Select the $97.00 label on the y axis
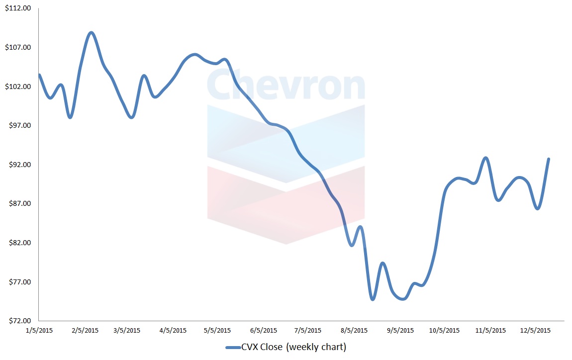(x=18, y=126)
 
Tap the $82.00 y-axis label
(x=18, y=243)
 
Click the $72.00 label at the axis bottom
(x=18, y=321)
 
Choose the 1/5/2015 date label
(x=39, y=331)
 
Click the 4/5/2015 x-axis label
(x=173, y=331)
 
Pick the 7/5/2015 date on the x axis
(x=307, y=331)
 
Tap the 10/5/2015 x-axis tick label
(x=444, y=331)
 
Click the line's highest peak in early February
(x=91, y=33)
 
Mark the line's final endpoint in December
(x=549, y=159)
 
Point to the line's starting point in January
(x=39, y=75)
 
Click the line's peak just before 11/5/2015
(x=486, y=158)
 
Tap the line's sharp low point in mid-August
(x=373, y=299)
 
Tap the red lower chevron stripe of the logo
(x=286, y=209)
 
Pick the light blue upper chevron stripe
(x=286, y=144)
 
